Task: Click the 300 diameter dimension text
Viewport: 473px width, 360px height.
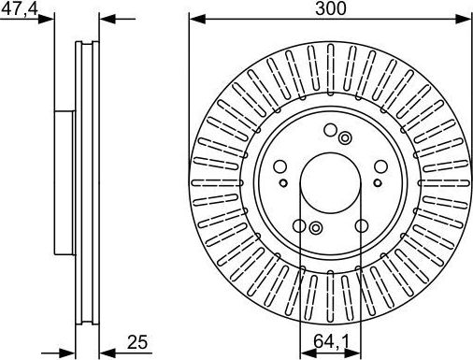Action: pyautogui.click(x=330, y=8)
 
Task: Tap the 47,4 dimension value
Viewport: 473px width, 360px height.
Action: pyautogui.click(x=20, y=8)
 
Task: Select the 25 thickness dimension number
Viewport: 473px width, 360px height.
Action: pyautogui.click(x=137, y=342)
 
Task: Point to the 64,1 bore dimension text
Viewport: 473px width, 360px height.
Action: pyautogui.click(x=331, y=341)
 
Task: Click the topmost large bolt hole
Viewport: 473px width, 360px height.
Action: pyautogui.click(x=330, y=130)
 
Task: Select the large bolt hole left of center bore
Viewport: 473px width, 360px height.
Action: pyautogui.click(x=280, y=166)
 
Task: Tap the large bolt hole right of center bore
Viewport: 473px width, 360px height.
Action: pyautogui.click(x=380, y=166)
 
